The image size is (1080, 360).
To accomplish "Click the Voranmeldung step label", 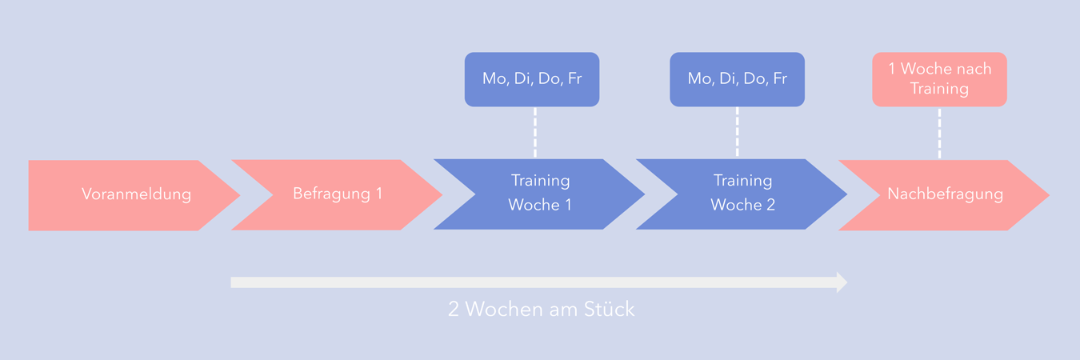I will tap(136, 194).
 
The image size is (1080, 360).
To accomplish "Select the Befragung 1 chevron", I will tap(337, 194).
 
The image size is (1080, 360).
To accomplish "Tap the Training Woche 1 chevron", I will tap(540, 194).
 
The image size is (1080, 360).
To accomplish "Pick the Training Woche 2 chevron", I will tap(742, 194).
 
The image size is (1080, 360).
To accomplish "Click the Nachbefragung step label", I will tap(945, 194).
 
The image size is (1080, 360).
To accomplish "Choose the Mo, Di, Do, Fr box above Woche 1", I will tap(532, 79).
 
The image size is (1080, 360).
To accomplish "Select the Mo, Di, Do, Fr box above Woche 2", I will tap(737, 79).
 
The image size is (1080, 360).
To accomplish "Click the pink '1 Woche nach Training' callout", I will tap(939, 79).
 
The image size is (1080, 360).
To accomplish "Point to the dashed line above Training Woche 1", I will tap(534, 132).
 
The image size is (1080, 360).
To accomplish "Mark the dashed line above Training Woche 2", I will tap(737, 132).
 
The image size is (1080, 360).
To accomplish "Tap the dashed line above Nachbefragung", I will tap(939, 132).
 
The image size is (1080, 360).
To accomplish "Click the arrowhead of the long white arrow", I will tap(842, 282).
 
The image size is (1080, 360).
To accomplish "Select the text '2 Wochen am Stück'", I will tap(541, 310).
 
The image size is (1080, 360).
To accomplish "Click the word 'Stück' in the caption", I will tap(611, 310).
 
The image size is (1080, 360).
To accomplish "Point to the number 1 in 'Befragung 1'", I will tap(378, 194).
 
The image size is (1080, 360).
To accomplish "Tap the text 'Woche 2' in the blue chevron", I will tap(742, 206).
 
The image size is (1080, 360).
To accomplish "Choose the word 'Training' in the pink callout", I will tap(939, 89).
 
